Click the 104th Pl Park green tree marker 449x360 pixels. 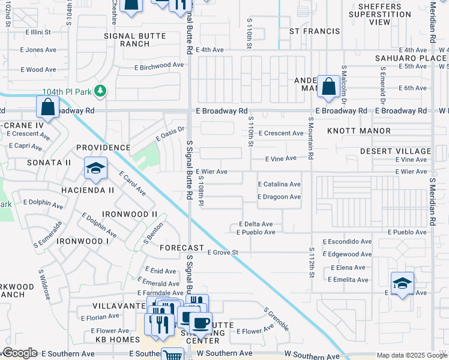101,91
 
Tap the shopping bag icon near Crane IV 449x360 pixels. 48,108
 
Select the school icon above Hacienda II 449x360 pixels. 95,169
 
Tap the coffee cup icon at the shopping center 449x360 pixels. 200,323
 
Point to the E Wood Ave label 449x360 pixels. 38,70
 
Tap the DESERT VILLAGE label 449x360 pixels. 396,151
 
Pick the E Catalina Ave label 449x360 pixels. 279,184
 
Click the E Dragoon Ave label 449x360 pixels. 279,197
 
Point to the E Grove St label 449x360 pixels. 223,253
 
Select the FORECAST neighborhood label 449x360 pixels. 182,247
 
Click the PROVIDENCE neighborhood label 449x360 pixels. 103,148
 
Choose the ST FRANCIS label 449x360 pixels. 310,30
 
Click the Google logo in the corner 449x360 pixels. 20,353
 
